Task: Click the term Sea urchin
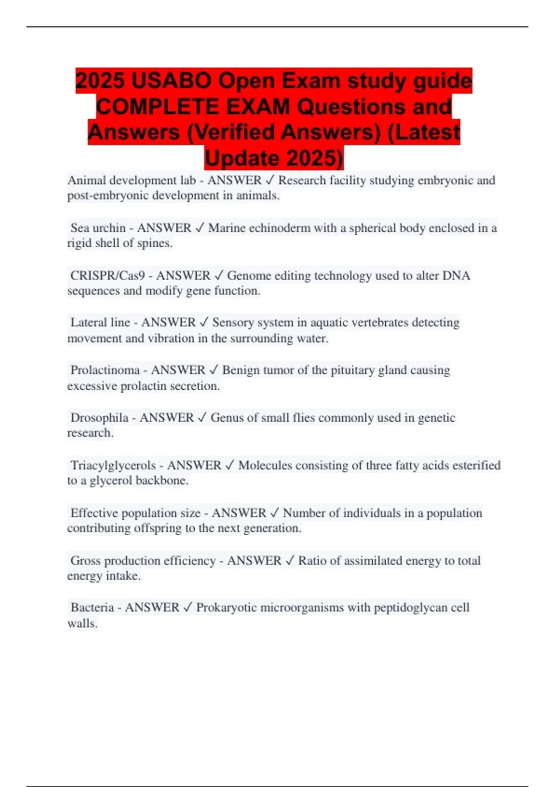[98, 228]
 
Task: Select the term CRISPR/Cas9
[107, 275]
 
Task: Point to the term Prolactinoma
[105, 370]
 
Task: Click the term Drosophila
[99, 418]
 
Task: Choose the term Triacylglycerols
[113, 465]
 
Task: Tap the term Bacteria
[92, 607]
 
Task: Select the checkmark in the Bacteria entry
[187, 607]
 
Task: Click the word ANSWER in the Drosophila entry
[166, 418]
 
